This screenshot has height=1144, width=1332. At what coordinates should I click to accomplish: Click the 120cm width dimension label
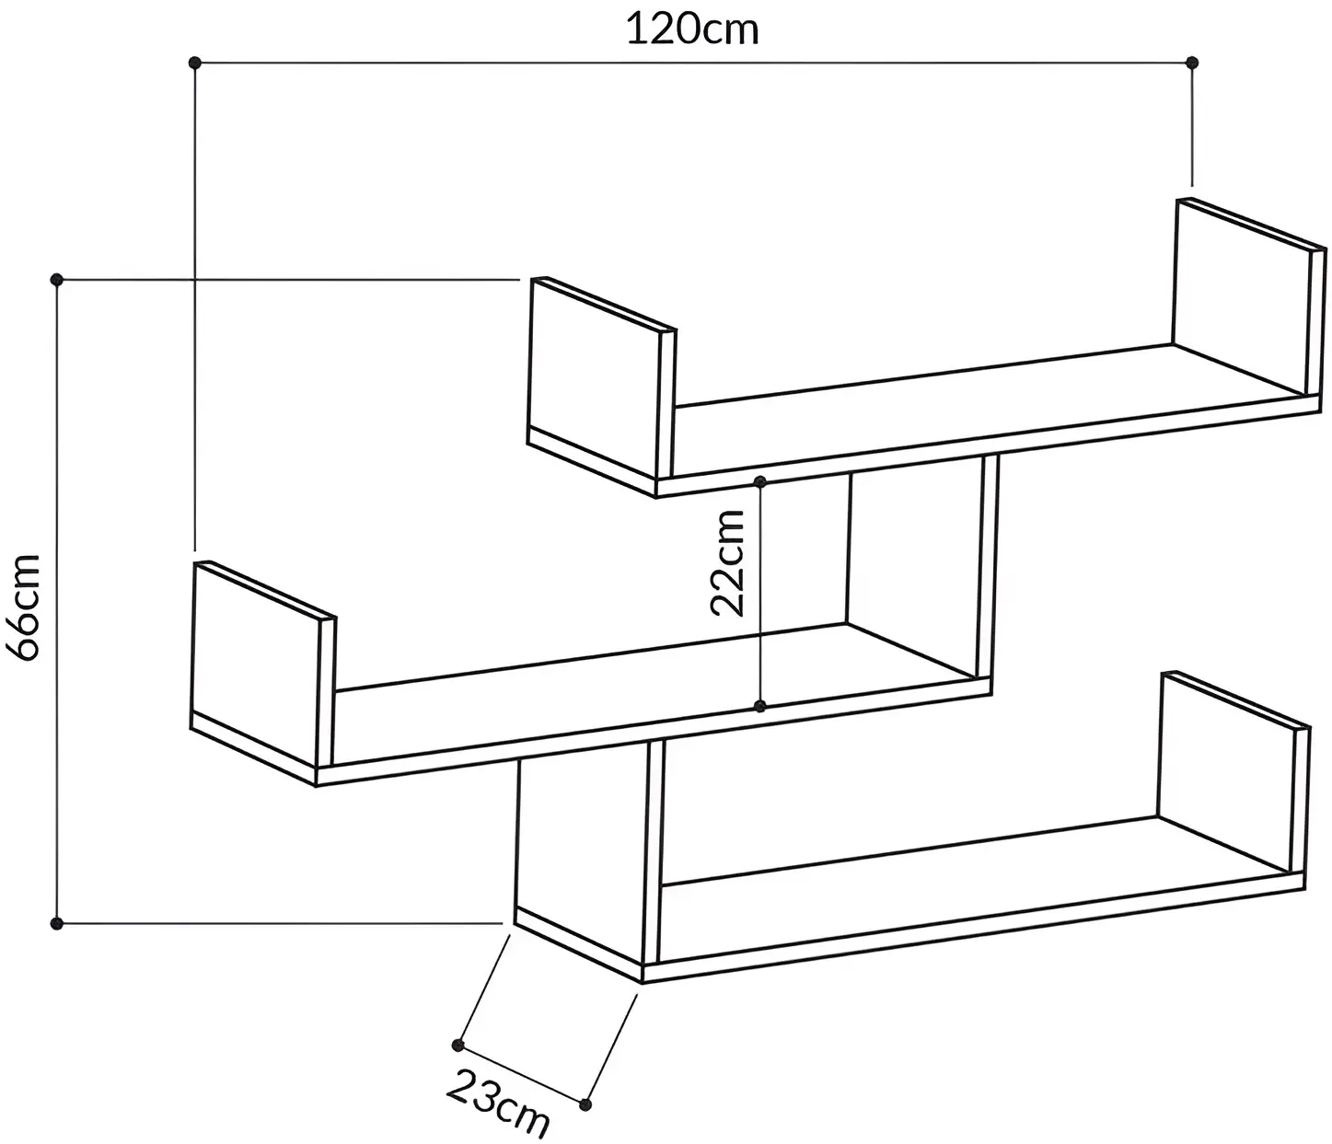[x=692, y=29]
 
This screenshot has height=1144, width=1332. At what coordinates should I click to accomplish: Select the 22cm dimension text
[x=727, y=563]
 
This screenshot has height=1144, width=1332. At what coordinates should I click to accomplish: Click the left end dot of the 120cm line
[x=195, y=63]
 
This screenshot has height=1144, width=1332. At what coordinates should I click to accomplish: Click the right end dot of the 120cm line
[x=1192, y=63]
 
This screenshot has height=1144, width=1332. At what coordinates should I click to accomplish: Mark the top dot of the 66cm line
[x=57, y=280]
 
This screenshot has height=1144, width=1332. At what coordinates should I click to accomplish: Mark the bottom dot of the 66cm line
[x=57, y=924]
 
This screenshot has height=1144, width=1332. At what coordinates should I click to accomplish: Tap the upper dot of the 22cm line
[x=760, y=480]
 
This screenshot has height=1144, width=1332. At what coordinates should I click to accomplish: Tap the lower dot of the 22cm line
[x=760, y=707]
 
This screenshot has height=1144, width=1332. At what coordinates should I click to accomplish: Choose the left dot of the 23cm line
[x=458, y=1045]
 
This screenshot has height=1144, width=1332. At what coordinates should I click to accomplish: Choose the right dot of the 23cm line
[x=585, y=1104]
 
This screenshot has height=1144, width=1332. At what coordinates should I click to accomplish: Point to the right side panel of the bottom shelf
[x=1232, y=772]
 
